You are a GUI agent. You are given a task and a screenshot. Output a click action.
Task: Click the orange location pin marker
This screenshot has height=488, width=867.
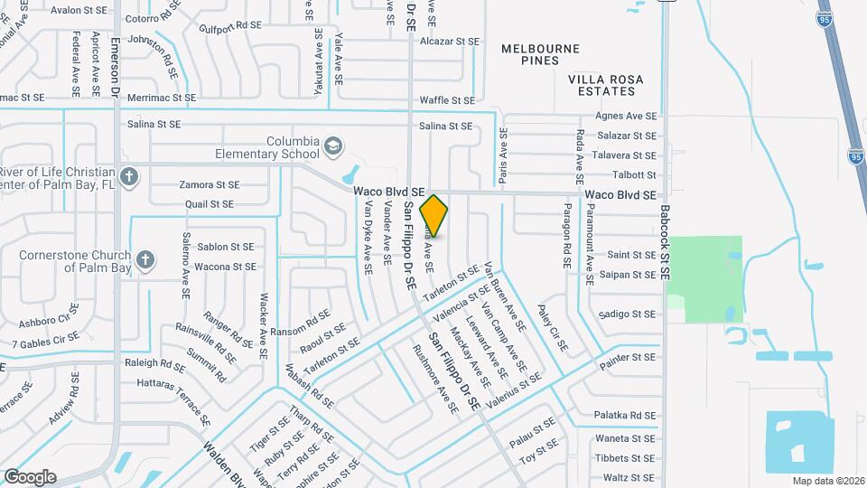click(434, 216)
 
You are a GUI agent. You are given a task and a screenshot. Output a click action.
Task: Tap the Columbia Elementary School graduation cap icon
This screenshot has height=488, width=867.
click(333, 146)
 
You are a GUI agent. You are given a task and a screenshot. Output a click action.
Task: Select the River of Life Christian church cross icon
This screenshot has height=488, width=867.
click(130, 175)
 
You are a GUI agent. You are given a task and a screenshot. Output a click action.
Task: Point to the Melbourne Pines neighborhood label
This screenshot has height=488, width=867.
click(541, 54)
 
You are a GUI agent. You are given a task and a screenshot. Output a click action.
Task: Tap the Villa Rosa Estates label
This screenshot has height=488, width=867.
click(606, 85)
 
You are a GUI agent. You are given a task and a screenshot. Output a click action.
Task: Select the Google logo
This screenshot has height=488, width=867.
click(30, 477)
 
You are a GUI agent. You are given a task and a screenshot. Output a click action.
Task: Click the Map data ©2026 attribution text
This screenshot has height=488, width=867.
click(828, 481)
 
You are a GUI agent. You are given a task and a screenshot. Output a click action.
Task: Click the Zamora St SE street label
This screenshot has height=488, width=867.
click(209, 184)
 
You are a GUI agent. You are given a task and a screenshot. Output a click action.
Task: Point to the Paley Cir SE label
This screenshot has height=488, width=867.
click(553, 328)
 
